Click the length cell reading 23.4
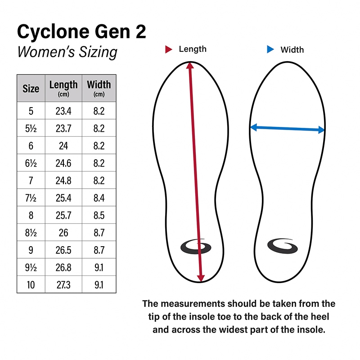tap(63, 111)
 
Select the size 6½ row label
tap(31, 163)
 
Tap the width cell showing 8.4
tap(99, 198)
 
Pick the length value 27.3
tap(63, 285)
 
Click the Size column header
tap(31, 89)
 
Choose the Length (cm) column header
tap(63, 88)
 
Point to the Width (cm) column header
tap(99, 88)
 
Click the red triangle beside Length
tap(168, 49)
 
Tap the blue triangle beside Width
tap(270, 49)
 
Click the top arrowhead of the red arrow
tap(190, 65)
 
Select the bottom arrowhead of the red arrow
tap(201, 278)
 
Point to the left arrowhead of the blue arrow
tap(253, 127)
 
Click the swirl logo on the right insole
tap(283, 246)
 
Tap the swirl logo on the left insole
tap(196, 247)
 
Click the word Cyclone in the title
tap(53, 32)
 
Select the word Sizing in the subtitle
tap(98, 52)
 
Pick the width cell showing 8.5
tap(99, 216)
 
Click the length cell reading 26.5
tap(63, 250)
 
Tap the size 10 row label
tap(31, 285)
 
